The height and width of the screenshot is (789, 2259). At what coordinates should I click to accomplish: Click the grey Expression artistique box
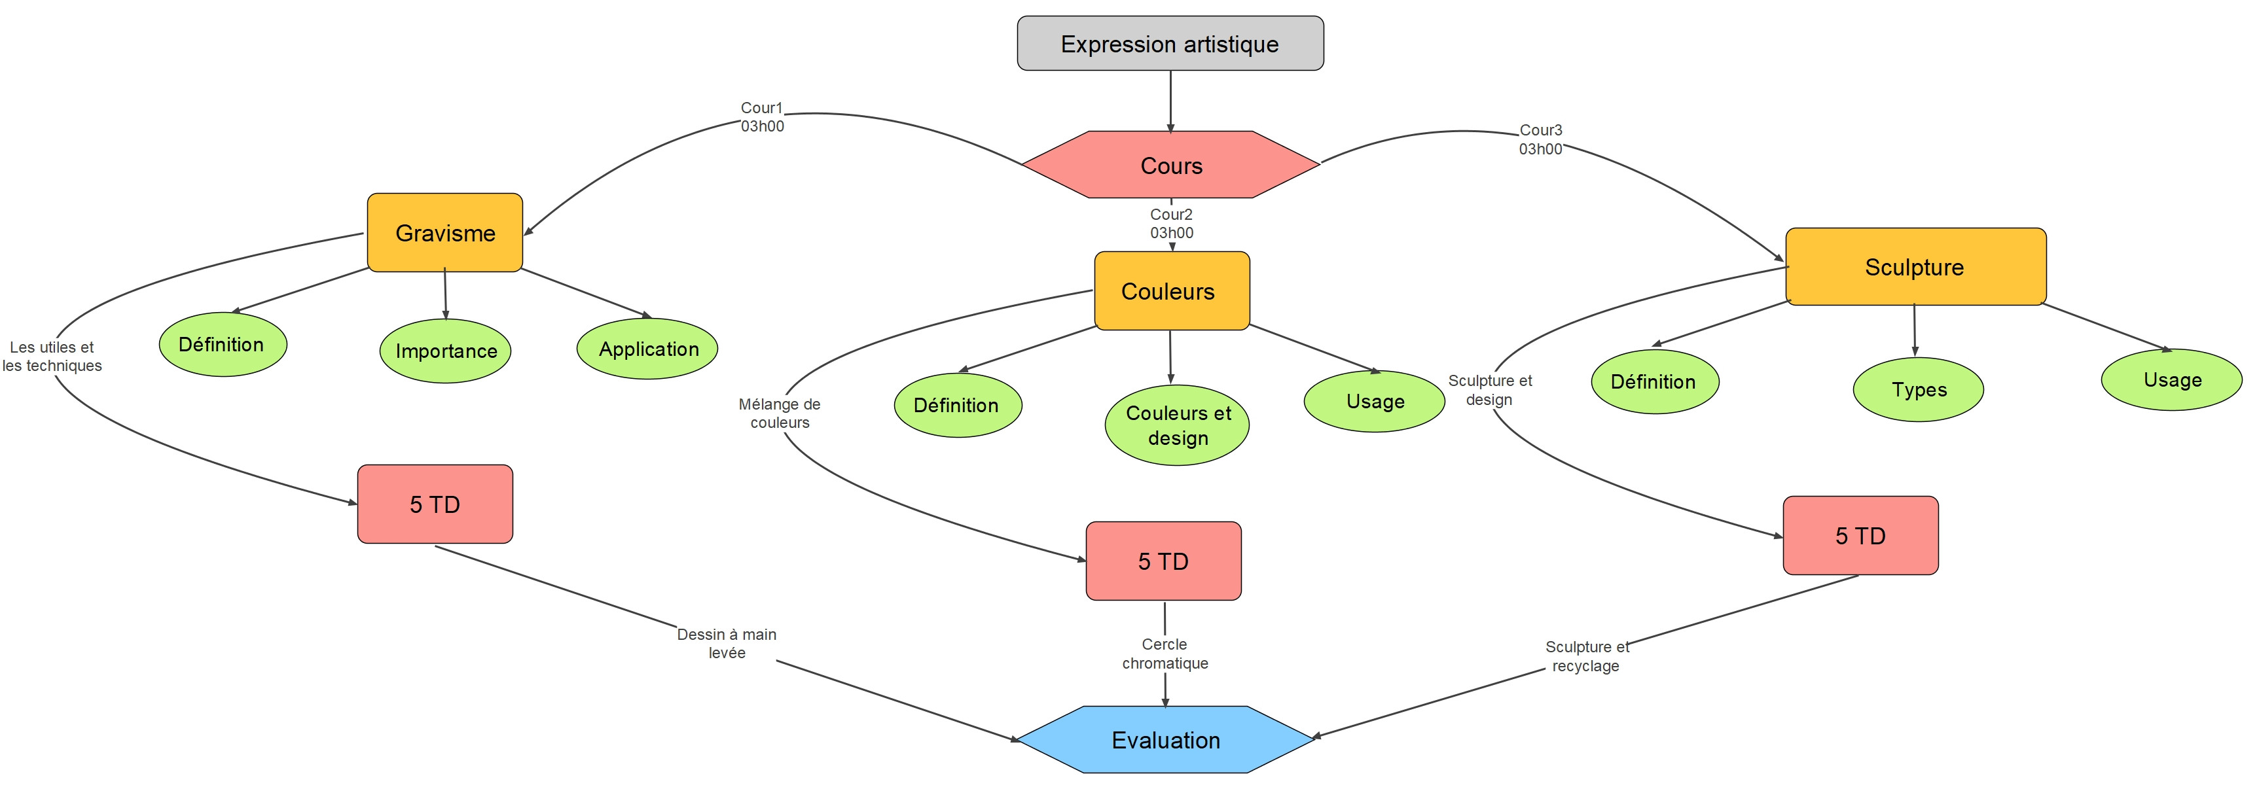tap(1170, 44)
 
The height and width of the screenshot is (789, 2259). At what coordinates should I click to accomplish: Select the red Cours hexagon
tap(1170, 166)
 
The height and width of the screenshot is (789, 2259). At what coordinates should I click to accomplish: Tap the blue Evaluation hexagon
tap(1165, 740)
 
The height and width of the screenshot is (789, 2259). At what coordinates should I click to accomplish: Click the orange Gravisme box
tap(444, 233)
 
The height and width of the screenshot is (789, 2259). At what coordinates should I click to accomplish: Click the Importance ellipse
tap(446, 351)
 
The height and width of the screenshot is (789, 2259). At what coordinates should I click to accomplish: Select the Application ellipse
tap(648, 349)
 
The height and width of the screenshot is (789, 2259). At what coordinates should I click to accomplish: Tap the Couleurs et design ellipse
tap(1178, 425)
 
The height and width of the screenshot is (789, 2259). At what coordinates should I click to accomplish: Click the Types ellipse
tap(1919, 389)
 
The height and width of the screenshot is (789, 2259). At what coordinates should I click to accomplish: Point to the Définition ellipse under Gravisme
tap(222, 345)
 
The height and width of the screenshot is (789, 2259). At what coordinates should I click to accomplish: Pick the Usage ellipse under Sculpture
tap(2172, 379)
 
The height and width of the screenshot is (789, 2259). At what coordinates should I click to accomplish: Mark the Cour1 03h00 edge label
tap(762, 116)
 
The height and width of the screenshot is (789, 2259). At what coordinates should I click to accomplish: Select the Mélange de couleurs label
tap(780, 413)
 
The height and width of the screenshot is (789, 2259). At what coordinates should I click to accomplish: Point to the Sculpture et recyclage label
tap(1586, 656)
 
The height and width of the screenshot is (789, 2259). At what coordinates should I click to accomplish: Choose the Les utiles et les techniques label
tap(52, 356)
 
